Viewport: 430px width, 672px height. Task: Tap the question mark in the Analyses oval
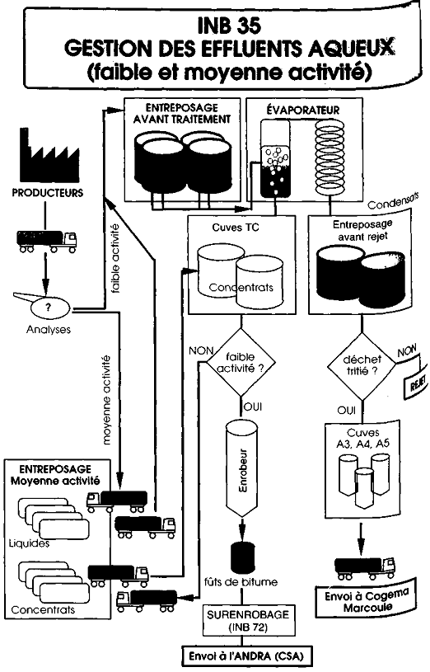tap(49, 307)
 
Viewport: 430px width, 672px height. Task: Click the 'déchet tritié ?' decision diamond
tap(362, 366)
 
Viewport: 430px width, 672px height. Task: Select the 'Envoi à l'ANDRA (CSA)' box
tap(245, 656)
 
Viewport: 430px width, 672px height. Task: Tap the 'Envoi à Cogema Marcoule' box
tap(367, 601)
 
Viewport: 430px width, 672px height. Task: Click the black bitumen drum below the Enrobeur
tap(243, 557)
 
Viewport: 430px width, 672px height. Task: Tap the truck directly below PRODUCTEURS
tap(47, 242)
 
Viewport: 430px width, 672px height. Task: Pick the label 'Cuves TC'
tap(236, 227)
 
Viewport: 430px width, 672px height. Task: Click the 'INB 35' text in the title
tap(229, 26)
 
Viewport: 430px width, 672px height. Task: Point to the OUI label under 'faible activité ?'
tap(252, 406)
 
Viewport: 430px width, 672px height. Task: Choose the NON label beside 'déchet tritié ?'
tap(406, 352)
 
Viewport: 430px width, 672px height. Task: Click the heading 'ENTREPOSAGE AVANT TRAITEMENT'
tap(181, 113)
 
